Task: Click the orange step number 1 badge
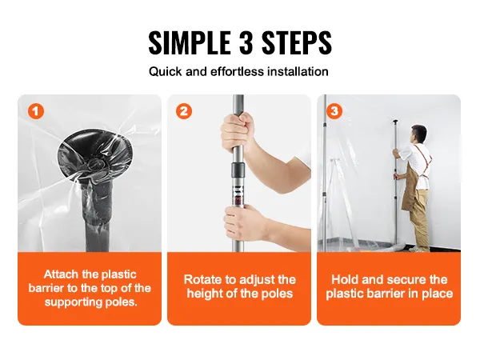(x=36, y=111)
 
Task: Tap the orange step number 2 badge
(x=184, y=111)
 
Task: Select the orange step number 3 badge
(x=334, y=111)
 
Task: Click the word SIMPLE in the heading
(x=190, y=42)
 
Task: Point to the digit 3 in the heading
(x=246, y=42)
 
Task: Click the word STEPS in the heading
(x=297, y=42)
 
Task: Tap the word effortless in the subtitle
(x=237, y=72)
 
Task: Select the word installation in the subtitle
(x=298, y=72)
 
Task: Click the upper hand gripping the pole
(x=238, y=133)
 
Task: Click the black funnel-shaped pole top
(x=95, y=154)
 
